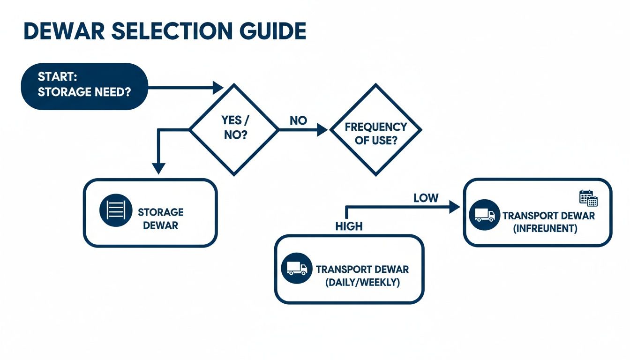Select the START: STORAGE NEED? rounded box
click(x=84, y=86)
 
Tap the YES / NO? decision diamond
click(x=234, y=129)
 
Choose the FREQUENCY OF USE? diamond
click(x=375, y=130)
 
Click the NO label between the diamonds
click(x=298, y=120)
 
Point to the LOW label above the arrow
click(x=426, y=198)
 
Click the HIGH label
click(x=349, y=226)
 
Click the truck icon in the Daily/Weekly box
click(x=296, y=269)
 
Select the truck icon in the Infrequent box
click(x=484, y=215)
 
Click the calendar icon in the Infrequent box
click(x=588, y=198)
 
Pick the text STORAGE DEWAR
click(x=160, y=219)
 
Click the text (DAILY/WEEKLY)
click(x=362, y=283)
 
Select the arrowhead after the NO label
click(x=322, y=130)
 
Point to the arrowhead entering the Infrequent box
click(x=454, y=207)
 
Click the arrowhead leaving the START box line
click(x=218, y=87)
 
